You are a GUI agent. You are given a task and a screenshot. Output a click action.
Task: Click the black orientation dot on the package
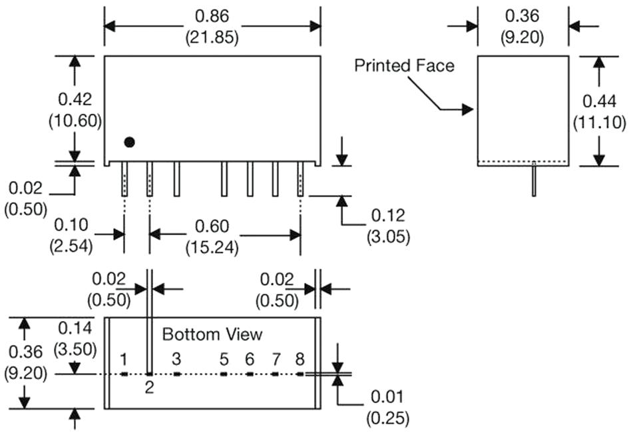coord(130,142)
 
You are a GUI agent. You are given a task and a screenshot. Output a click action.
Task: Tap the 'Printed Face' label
coord(404,65)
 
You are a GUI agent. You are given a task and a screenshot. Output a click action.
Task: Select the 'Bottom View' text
coord(212,334)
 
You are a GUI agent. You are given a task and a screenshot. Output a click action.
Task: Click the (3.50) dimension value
coord(75,348)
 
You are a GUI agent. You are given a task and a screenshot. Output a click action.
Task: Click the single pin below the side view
coord(534,180)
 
